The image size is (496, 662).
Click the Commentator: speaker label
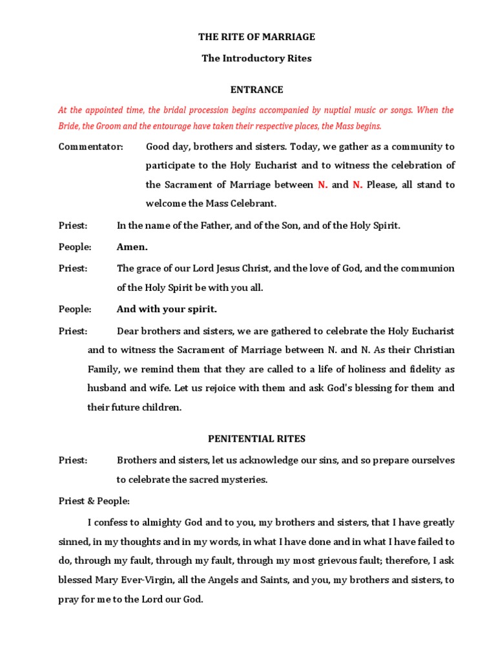(x=91, y=147)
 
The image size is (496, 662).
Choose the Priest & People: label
(x=94, y=501)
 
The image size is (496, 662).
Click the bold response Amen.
(x=132, y=247)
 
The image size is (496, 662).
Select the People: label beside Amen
(x=75, y=247)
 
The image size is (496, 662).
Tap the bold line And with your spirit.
(x=167, y=309)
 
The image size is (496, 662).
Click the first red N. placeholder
(x=323, y=185)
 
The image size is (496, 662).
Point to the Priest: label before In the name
(x=73, y=226)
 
